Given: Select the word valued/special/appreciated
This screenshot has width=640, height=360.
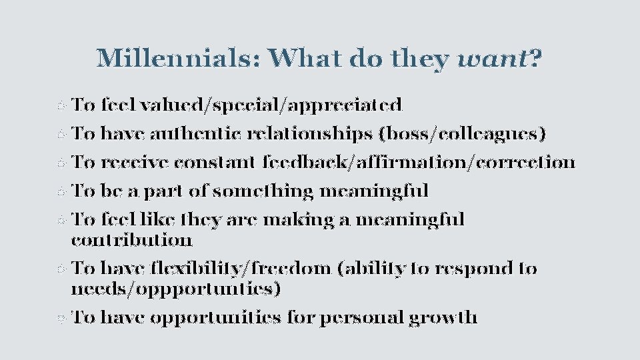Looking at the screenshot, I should point(271,105).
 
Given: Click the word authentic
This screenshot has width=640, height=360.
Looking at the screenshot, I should point(197,133).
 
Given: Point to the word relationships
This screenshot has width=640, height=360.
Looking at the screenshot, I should point(309,133).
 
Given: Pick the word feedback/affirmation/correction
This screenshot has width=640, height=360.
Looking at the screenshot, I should point(418,162).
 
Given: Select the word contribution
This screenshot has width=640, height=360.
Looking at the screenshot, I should point(131,239).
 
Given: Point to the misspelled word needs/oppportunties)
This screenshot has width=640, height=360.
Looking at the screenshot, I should point(176,289).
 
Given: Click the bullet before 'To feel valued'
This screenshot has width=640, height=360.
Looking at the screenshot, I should point(61,106).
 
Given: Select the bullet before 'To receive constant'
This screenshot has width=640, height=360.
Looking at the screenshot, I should point(61,163).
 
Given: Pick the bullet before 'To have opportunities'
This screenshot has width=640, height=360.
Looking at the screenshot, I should point(61,318).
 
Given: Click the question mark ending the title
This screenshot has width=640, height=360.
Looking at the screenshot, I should point(535,59).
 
